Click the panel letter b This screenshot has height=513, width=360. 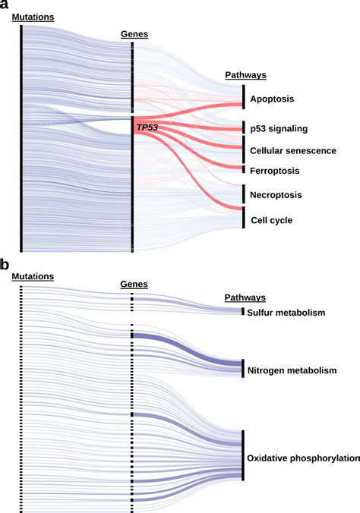pyautogui.click(x=5, y=266)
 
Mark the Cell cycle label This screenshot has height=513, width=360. pyautogui.click(x=273, y=220)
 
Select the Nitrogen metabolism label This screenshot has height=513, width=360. pyautogui.click(x=291, y=370)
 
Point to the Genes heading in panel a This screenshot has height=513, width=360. pyautogui.click(x=134, y=34)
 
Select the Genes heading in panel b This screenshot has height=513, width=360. pyautogui.click(x=134, y=284)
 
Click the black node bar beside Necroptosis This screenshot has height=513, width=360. pyautogui.click(x=244, y=194)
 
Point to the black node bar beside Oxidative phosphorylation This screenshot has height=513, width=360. pyautogui.click(x=244, y=455)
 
